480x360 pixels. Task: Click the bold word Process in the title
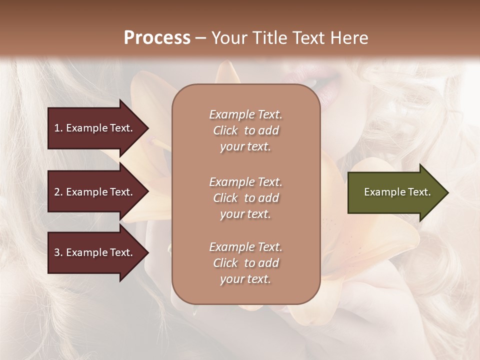pos(157,38)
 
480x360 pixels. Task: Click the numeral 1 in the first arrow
pos(57,128)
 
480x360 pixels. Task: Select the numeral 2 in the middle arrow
pos(57,192)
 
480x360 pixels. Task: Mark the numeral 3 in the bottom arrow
pos(57,252)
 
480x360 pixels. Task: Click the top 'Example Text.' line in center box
pos(245,114)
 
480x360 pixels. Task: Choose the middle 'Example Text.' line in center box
pos(245,182)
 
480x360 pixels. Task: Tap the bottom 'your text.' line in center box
pos(245,279)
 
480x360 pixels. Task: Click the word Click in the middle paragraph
pos(225,198)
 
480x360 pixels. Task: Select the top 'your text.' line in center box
pos(245,146)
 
